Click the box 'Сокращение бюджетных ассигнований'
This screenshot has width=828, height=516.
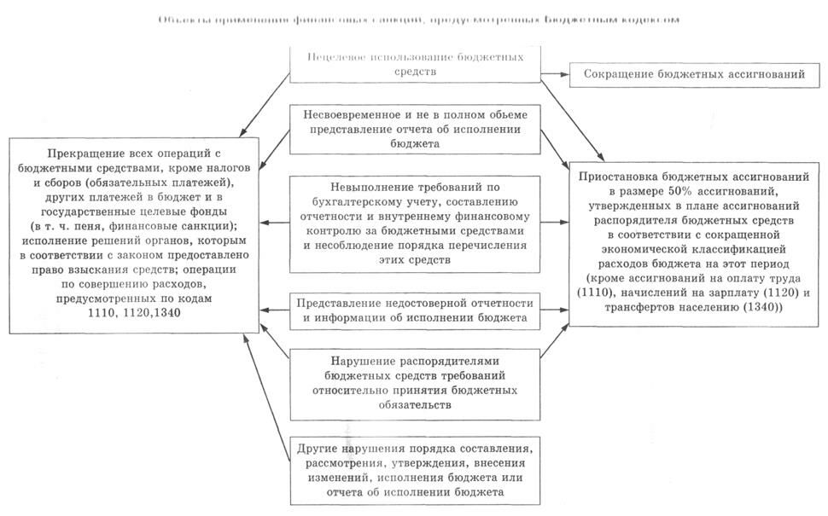click(x=694, y=75)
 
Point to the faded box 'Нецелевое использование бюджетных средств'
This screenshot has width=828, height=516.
click(x=417, y=64)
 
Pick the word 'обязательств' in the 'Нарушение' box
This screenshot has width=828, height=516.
click(x=414, y=406)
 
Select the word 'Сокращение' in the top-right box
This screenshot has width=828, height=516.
click(x=620, y=75)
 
